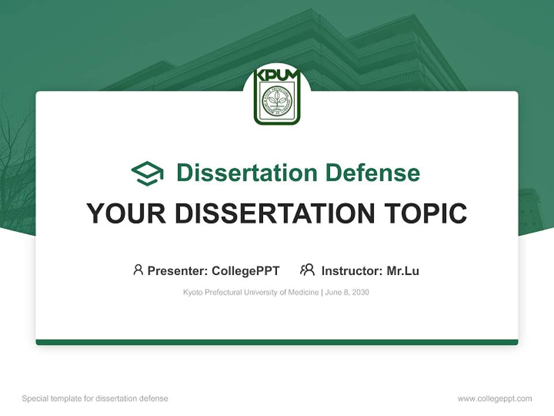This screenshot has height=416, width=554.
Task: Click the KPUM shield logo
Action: (x=277, y=96)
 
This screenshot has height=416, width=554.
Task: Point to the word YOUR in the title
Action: (x=126, y=214)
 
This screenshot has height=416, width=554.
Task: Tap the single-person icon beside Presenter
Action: (x=138, y=270)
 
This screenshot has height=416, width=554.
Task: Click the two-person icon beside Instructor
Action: (x=308, y=270)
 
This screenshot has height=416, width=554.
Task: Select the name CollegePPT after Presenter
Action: (x=246, y=271)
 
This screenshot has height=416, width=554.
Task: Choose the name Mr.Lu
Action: (x=403, y=271)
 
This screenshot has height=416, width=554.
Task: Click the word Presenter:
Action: (x=178, y=271)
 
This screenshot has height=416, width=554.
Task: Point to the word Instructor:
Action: (x=351, y=271)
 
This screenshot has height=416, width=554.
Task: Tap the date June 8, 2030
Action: (x=347, y=292)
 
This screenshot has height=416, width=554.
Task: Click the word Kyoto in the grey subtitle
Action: (x=193, y=292)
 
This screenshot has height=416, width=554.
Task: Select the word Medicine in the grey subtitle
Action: (x=304, y=292)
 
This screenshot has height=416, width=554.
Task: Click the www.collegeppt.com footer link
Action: (x=495, y=399)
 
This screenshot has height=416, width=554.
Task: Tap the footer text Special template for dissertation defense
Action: (x=95, y=399)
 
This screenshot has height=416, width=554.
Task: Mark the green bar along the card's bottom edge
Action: (x=277, y=342)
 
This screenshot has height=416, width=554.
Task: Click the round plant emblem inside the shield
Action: (x=277, y=101)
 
